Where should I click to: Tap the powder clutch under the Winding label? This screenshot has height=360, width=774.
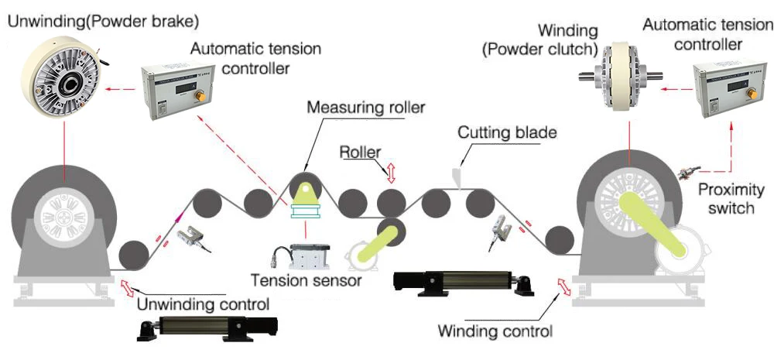tap(619, 75)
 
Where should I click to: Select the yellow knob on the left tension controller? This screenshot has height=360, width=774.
tap(201, 96)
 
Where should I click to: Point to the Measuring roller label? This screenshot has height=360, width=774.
tap(365, 107)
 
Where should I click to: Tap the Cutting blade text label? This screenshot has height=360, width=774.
tap(507, 132)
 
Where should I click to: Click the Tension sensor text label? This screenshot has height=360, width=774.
tap(306, 280)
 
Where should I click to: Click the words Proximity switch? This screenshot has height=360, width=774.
tap(731, 198)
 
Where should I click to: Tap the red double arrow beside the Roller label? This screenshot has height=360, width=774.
tap(391, 173)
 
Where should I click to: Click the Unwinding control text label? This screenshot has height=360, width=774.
tap(203, 304)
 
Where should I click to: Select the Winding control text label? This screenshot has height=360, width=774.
tap(495, 331)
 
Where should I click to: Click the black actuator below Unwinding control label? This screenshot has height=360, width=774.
tap(207, 329)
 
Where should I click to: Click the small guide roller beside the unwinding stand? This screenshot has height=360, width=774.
tap(134, 255)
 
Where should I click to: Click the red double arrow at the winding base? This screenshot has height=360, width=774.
tap(563, 286)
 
